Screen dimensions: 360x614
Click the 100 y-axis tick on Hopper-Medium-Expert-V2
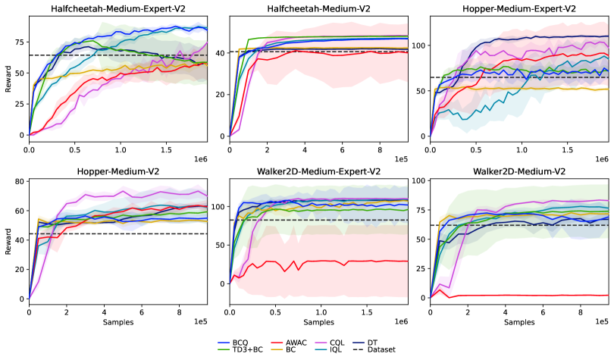[x=417, y=45]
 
